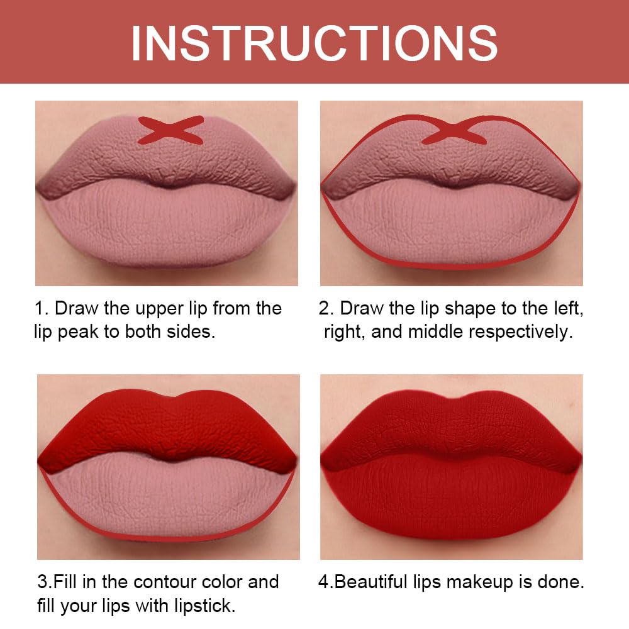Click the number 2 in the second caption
(324, 308)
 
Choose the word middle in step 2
(437, 331)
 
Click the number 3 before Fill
(39, 582)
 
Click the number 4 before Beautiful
(323, 582)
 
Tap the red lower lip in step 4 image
(452, 500)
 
